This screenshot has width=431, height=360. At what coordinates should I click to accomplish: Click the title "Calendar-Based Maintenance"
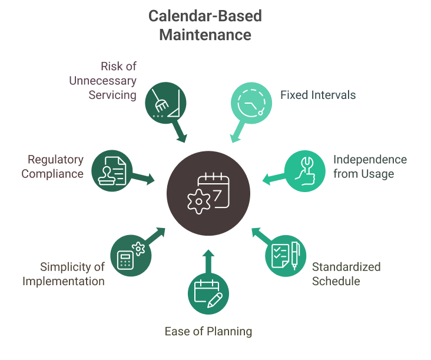(x=205, y=25)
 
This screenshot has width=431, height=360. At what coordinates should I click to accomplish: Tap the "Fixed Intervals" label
(x=318, y=95)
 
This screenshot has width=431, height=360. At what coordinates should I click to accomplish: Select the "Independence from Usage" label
(x=370, y=166)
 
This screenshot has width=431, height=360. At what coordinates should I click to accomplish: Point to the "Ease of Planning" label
(x=208, y=331)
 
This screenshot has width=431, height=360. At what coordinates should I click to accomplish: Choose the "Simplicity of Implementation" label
(x=64, y=273)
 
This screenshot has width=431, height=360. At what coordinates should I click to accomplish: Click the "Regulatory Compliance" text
(x=56, y=166)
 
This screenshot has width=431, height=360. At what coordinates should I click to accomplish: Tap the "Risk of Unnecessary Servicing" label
(x=103, y=80)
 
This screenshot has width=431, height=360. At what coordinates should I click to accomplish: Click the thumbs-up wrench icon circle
(x=305, y=170)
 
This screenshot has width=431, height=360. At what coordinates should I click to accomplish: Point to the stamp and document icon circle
(x=112, y=170)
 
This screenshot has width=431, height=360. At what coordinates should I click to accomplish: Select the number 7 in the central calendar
(x=218, y=196)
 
